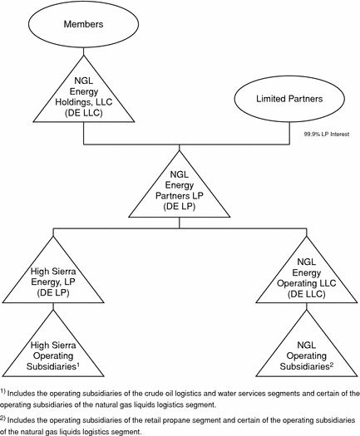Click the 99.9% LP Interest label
(326, 135)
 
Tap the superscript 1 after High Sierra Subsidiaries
(78, 365)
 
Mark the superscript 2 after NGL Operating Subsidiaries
(332, 365)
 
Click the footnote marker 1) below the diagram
(2, 392)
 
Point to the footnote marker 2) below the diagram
(2, 419)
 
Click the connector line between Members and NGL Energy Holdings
(83, 51)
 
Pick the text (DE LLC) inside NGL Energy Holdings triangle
(84, 113)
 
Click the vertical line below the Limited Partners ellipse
(289, 133)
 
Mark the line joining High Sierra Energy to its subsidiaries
(53, 306)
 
